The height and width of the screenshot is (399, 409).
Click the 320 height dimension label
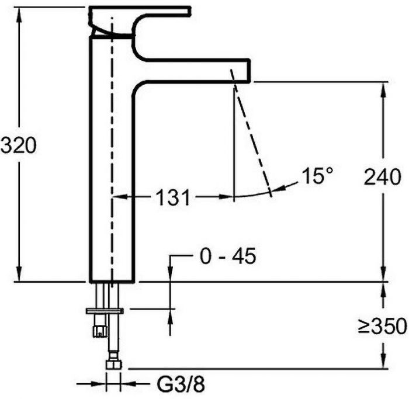[18, 145]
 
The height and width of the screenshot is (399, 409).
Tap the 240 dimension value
[382, 177]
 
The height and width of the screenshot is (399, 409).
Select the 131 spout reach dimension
[173, 197]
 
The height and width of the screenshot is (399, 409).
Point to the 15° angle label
[317, 175]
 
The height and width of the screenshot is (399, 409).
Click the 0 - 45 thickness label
[228, 256]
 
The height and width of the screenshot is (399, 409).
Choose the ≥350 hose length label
[382, 326]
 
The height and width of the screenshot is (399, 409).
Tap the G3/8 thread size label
[181, 384]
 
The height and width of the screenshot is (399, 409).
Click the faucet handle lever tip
[190, 10]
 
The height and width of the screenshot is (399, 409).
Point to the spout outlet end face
[249, 71]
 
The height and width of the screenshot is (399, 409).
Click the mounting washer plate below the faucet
[105, 311]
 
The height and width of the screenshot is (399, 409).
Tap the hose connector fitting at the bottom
[113, 365]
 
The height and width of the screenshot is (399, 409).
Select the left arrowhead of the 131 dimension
[120, 197]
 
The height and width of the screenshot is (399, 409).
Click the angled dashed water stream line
[251, 133]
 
